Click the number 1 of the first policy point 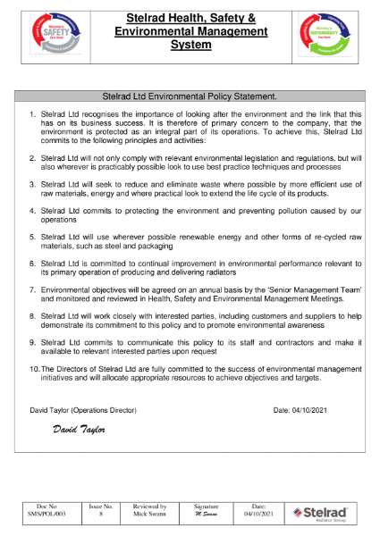click(32, 114)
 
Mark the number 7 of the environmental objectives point click(32, 291)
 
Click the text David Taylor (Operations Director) click(82, 410)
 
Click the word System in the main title click(190, 45)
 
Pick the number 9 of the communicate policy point click(32, 342)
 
